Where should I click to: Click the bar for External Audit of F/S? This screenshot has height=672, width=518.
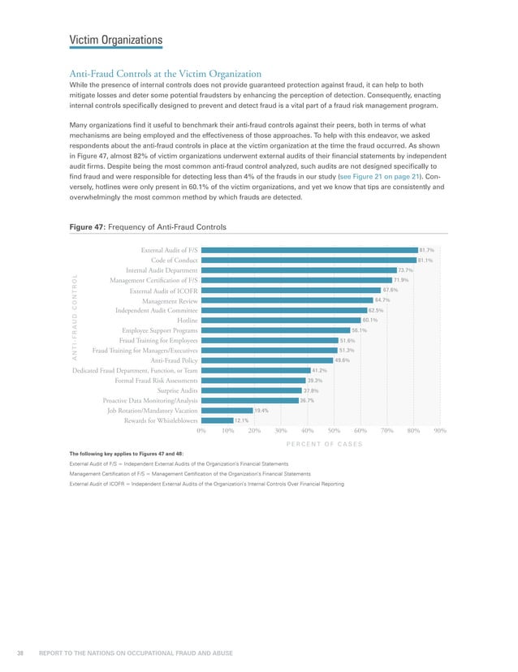pos(309,250)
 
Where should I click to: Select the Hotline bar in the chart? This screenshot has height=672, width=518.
pos(280,321)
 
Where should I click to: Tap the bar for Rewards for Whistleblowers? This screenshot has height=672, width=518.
pos(216,420)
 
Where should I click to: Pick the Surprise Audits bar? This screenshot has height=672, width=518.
pos(251,390)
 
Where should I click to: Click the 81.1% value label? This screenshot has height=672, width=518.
pos(425,260)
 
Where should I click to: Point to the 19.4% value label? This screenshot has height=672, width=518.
pos(261,411)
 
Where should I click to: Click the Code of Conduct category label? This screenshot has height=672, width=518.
pos(174,260)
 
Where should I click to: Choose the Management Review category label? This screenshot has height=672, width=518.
pos(169,300)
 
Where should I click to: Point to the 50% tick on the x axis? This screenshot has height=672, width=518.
pos(333,431)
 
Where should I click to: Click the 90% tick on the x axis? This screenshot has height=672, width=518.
pos(439,431)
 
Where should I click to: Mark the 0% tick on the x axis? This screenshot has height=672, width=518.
pos(201,431)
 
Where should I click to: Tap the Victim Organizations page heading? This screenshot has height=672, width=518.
pos(115,40)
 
